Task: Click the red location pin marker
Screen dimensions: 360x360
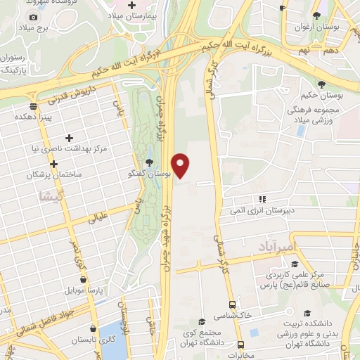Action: pyautogui.click(x=181, y=165)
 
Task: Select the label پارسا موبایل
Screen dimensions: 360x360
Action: pyautogui.click(x=80, y=289)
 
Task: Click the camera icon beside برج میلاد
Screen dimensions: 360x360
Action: pyautogui.click(x=32, y=16)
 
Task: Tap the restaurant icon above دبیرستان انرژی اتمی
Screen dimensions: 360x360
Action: pyautogui.click(x=262, y=200)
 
